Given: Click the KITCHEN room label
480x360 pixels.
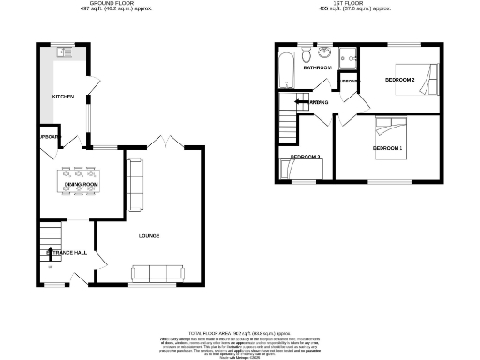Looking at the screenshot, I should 62,97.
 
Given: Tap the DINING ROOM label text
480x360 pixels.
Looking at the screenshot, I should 81,186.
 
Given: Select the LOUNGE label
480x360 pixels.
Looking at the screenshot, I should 148,235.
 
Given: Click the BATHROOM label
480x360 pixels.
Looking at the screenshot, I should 316,68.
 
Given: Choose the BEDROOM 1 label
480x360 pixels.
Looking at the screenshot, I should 387,149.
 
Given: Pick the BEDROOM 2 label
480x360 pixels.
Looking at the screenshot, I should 400,81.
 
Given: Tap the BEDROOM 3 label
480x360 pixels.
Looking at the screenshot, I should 306,156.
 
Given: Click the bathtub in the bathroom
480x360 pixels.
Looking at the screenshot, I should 287,68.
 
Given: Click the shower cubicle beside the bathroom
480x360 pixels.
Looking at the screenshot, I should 348,58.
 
